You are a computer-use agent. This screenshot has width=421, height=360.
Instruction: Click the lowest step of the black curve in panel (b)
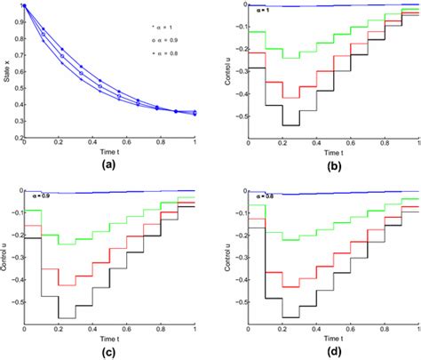285,124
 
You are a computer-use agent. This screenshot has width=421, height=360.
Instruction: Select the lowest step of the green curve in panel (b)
285,58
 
